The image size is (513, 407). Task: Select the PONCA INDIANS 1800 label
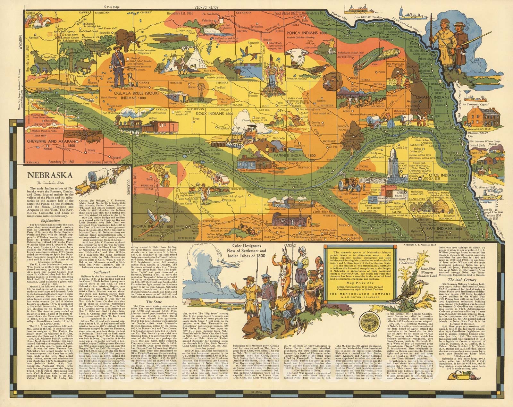tap(307, 33)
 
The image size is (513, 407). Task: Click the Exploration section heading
tap(50, 221)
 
